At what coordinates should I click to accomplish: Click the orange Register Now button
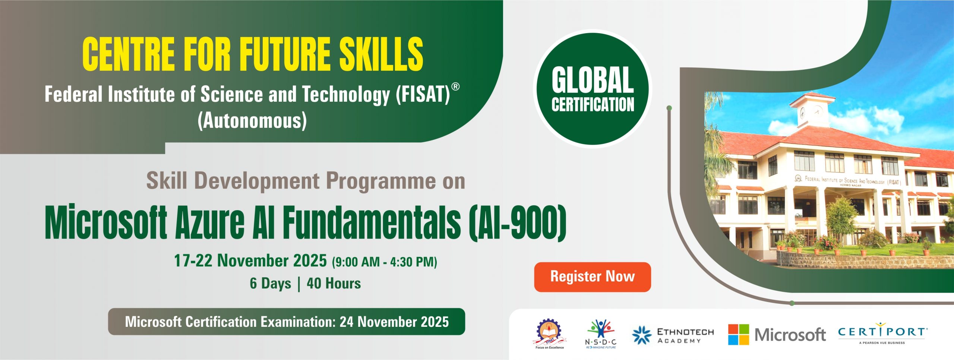tap(592, 277)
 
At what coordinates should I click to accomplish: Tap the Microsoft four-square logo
tap(738, 334)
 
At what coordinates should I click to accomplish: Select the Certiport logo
tap(883, 333)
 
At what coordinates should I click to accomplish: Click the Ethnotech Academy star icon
tap(642, 335)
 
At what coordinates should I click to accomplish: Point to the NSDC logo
tap(601, 334)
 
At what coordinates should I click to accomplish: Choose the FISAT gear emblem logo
tap(549, 334)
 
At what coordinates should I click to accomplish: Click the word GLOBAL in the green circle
tap(593, 80)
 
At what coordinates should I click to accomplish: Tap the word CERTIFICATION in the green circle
tap(593, 104)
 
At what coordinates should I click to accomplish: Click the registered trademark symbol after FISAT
tap(455, 87)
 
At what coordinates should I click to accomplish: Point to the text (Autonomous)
tap(252, 121)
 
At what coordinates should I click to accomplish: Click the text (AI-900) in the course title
tap(518, 223)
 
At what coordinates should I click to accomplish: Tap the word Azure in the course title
tap(210, 223)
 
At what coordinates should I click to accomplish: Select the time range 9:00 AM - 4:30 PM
tap(385, 262)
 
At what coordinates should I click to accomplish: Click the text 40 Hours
tap(334, 284)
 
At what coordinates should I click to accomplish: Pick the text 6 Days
tap(270, 284)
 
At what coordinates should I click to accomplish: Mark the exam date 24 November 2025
tap(394, 322)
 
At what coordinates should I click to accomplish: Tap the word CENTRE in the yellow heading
tap(129, 54)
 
